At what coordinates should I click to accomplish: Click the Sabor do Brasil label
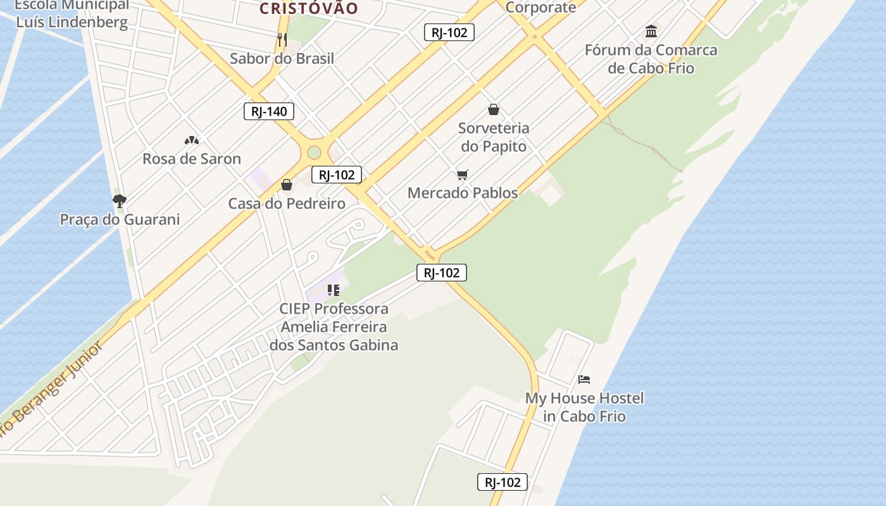click(x=282, y=59)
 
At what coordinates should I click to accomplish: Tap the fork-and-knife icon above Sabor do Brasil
click(x=282, y=40)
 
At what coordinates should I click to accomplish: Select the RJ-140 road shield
click(x=269, y=112)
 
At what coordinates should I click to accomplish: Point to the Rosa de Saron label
click(x=191, y=159)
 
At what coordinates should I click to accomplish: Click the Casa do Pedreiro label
click(x=287, y=204)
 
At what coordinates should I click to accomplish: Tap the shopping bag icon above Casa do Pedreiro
click(x=287, y=185)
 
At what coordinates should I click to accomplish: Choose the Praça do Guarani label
click(x=120, y=220)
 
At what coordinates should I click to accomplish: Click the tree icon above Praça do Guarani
click(x=119, y=201)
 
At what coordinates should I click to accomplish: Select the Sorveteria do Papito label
click(x=494, y=137)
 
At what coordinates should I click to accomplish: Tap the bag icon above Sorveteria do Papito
click(x=494, y=109)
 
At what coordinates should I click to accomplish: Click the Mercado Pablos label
click(x=463, y=193)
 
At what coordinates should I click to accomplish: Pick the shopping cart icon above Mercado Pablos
click(x=463, y=175)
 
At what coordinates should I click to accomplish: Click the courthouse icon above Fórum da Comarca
click(x=651, y=31)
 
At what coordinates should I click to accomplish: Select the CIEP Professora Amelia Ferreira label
click(x=334, y=327)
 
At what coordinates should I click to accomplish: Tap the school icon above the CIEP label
click(x=334, y=290)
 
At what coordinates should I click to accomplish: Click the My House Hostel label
click(x=584, y=407)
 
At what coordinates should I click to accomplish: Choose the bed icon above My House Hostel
click(x=584, y=379)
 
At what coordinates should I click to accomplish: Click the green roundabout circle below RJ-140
click(x=314, y=152)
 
